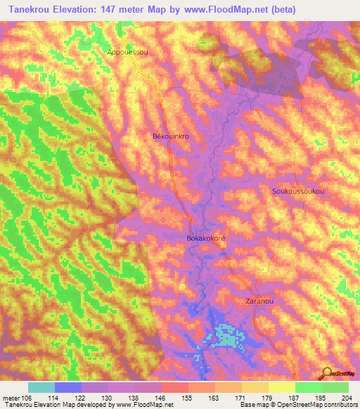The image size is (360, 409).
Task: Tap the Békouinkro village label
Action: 171,137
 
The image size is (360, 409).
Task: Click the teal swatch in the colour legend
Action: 41,387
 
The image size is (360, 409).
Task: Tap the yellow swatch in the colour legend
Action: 282,387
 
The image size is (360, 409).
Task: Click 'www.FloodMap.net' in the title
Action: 223,10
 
